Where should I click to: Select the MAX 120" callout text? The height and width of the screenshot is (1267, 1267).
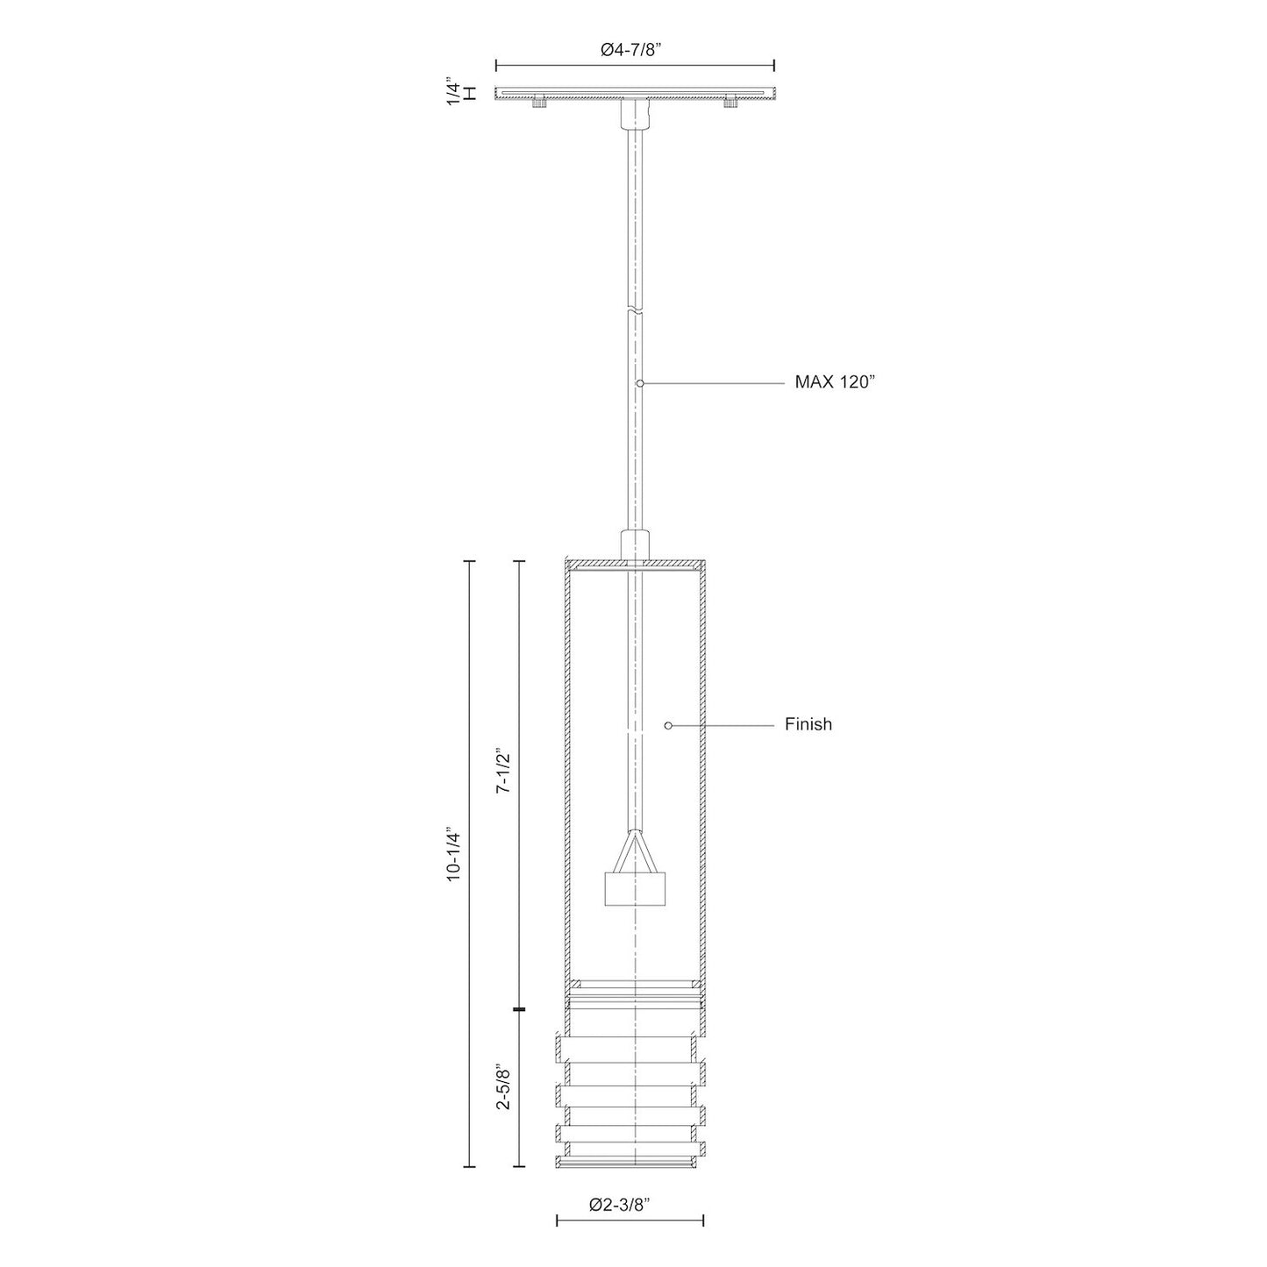pos(835,382)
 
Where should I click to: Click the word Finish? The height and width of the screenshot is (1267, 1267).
pos(808,725)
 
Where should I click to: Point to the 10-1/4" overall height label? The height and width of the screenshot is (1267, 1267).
pos(452,853)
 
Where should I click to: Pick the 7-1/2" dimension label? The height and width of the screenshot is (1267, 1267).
pos(502,772)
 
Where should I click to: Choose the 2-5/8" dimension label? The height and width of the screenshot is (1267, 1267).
pos(502,1088)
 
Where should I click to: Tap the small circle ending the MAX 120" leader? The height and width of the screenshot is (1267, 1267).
pos(641,383)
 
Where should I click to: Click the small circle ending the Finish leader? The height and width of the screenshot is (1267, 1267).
pos(668,725)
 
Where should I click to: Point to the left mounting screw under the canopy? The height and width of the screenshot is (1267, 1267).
pos(537,103)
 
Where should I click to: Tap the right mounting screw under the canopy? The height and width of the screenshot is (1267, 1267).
pos(730,103)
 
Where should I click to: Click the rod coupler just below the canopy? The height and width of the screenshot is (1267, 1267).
pos(634,112)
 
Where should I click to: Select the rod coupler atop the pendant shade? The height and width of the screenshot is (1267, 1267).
pos(634,545)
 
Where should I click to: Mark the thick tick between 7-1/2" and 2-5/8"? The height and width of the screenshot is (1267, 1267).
pos(519,1010)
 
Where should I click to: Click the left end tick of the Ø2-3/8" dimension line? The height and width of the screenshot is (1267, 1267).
pos(557,1220)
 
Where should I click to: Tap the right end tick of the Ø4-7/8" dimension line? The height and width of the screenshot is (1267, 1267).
pos(773,65)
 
